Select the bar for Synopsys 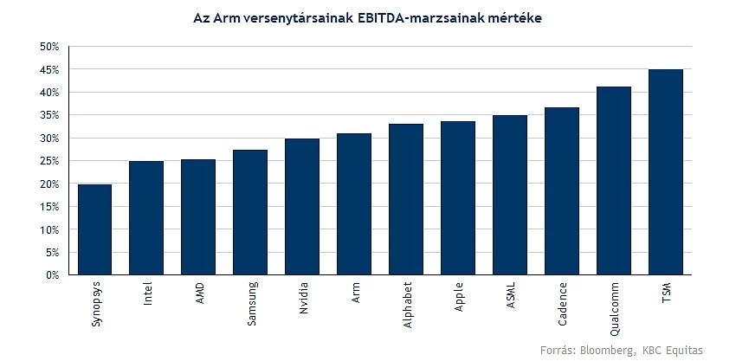coord(94,229)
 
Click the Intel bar coord(146,218)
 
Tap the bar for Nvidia coord(302,207)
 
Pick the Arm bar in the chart coord(354,204)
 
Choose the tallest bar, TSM coord(666,171)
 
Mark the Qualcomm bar coord(614,181)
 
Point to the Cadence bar coord(562,191)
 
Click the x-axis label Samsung coord(252,303)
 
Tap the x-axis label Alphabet coord(408,305)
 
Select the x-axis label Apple coord(460,297)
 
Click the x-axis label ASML coord(511,294)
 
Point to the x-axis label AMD coord(200,293)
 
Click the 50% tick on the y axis coord(49,47)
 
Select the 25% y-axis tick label coord(49,161)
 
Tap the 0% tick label coord(52,275)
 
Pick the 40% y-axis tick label coord(49,93)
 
